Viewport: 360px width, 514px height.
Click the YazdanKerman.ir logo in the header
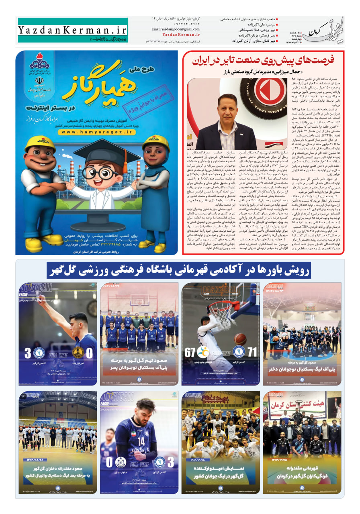[x=72, y=29]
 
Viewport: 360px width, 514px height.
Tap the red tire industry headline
[x=263, y=61]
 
